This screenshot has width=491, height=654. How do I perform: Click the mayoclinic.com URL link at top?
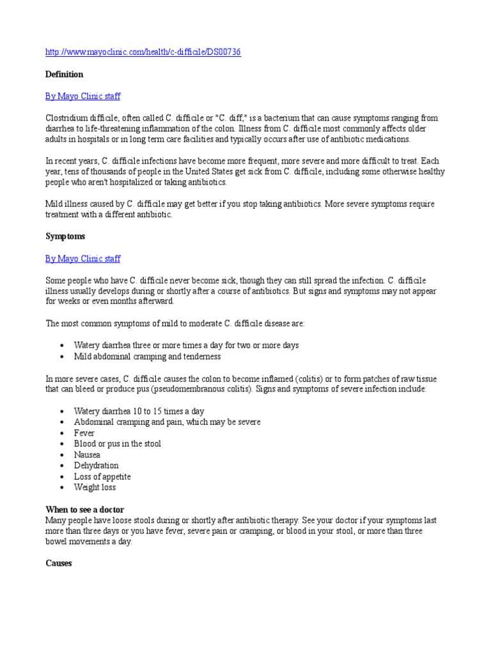pyautogui.click(x=143, y=52)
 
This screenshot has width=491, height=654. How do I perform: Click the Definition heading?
pyautogui.click(x=64, y=75)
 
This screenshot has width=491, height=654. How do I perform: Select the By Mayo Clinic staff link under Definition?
pyautogui.click(x=82, y=96)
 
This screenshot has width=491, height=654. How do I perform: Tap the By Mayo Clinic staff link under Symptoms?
pyautogui.click(x=82, y=259)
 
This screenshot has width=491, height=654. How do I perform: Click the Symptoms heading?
pyautogui.click(x=65, y=237)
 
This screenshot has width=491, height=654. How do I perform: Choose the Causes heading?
pyautogui.click(x=59, y=563)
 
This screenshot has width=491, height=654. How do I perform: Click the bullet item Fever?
pyautogui.click(x=84, y=433)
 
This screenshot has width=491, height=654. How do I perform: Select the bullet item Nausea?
pyautogui.click(x=87, y=455)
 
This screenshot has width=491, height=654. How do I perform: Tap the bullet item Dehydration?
pyautogui.click(x=96, y=466)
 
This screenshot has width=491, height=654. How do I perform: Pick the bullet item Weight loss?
pyautogui.click(x=95, y=487)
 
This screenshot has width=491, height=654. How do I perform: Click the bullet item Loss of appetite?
pyautogui.click(x=102, y=476)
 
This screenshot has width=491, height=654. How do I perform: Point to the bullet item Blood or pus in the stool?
pyautogui.click(x=118, y=444)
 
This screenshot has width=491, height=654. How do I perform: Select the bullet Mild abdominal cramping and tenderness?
pyautogui.click(x=147, y=356)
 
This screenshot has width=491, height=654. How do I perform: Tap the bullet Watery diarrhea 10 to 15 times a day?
pyautogui.click(x=139, y=411)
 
